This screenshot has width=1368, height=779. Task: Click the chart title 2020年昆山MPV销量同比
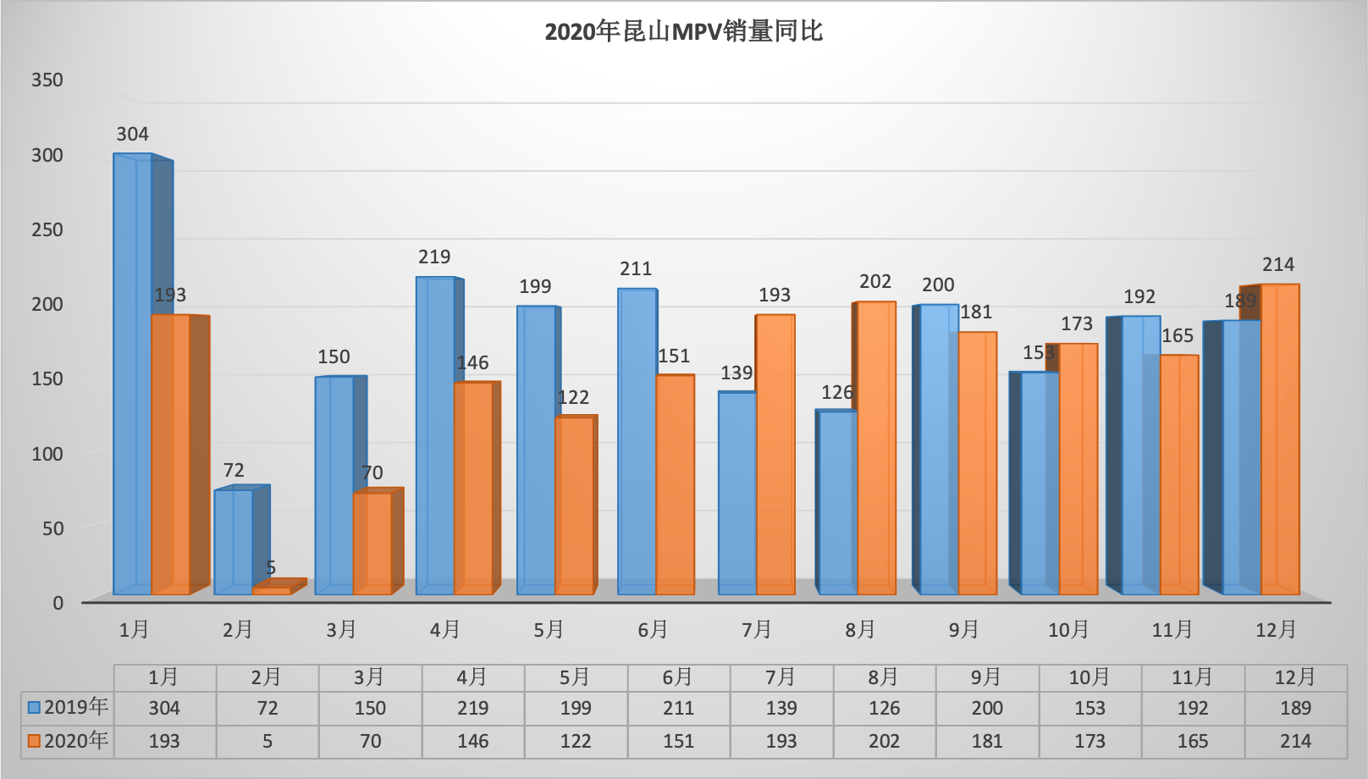pyautogui.click(x=683, y=32)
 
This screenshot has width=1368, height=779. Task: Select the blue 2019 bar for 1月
pyautogui.click(x=132, y=373)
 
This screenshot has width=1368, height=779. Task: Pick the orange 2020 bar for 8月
pyautogui.click(x=876, y=449)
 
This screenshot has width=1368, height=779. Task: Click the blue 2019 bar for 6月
pyautogui.click(x=637, y=440)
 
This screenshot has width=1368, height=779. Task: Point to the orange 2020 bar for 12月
pyautogui.click(x=1280, y=440)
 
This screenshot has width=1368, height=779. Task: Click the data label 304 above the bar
pyautogui.click(x=132, y=134)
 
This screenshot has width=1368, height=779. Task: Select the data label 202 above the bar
pyautogui.click(x=875, y=281)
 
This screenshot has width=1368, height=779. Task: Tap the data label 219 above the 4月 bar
pyautogui.click(x=434, y=257)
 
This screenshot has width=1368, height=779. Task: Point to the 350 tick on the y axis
pyautogui.click(x=47, y=80)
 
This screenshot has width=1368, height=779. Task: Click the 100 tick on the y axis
pyautogui.click(x=47, y=454)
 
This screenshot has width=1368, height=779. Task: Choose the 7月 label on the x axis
pyautogui.click(x=756, y=630)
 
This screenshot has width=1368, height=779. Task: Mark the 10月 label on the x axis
pyautogui.click(x=1068, y=630)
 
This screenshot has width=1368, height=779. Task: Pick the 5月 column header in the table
pyautogui.click(x=576, y=677)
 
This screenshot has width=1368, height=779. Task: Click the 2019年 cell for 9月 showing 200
pyautogui.click(x=987, y=708)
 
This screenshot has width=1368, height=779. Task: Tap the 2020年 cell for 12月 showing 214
pyautogui.click(x=1295, y=742)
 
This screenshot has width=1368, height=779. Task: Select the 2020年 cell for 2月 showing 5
pyautogui.click(x=267, y=742)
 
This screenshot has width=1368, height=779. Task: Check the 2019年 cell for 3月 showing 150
pyautogui.click(x=370, y=708)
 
